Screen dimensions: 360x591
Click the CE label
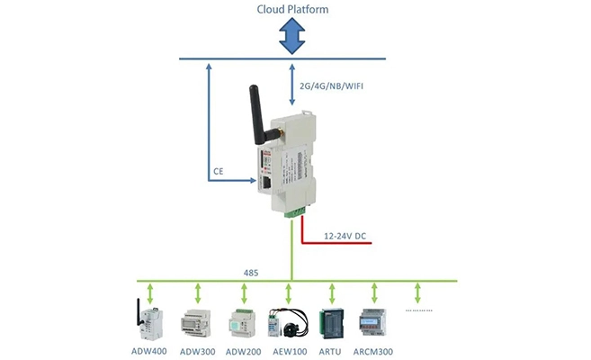pyautogui.click(x=218, y=170)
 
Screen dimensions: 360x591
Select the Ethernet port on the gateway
pyautogui.click(x=267, y=181)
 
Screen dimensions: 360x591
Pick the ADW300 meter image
pyautogui.click(x=196, y=322)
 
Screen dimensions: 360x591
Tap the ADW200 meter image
pyautogui.click(x=242, y=321)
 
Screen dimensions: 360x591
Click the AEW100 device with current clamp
pyautogui.click(x=289, y=322)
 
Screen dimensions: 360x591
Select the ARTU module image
pyautogui.click(x=332, y=321)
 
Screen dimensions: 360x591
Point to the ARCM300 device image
pyautogui.click(x=373, y=322)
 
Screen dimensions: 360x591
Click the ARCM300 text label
pyautogui.click(x=374, y=350)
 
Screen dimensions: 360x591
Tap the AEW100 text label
pyautogui.click(x=288, y=350)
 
